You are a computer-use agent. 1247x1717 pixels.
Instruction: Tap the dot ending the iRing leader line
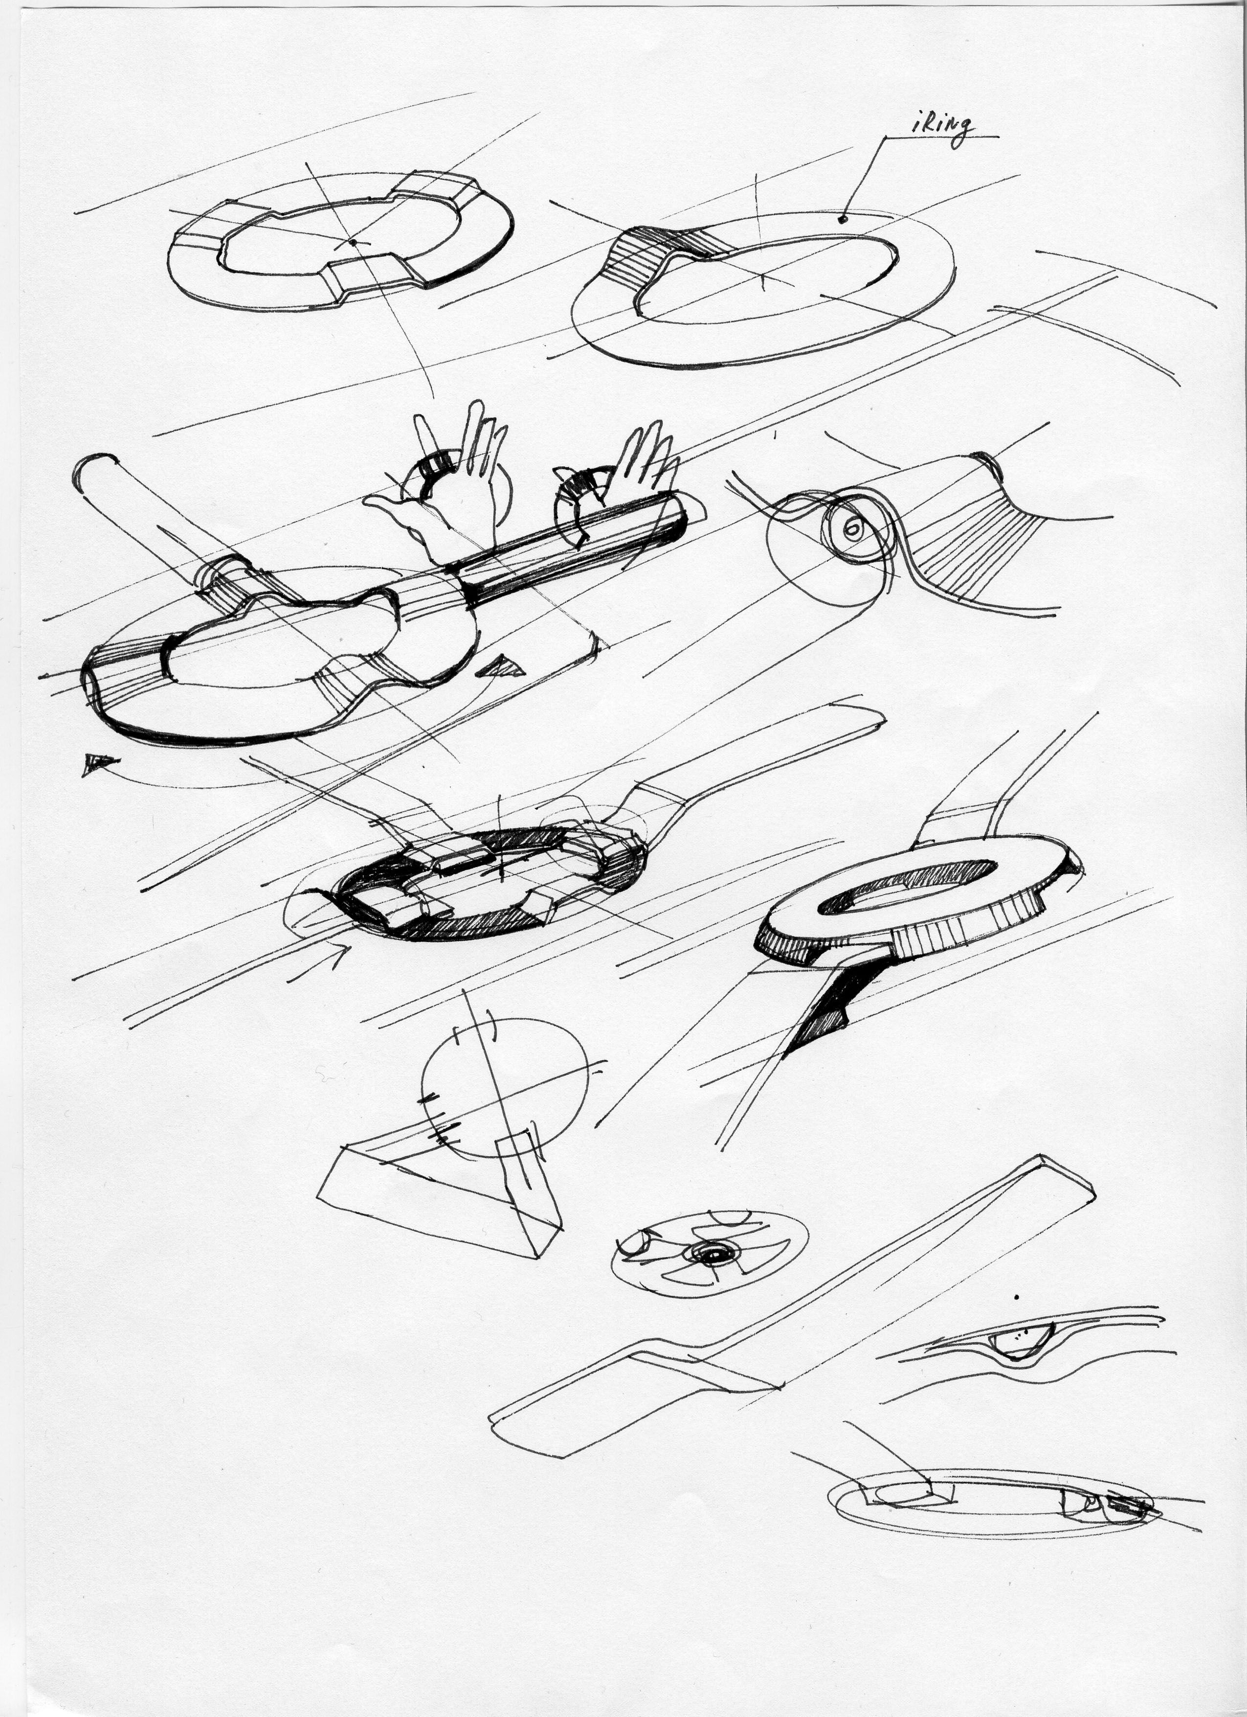(x=842, y=220)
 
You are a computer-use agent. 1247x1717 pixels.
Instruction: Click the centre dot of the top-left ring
(x=353, y=242)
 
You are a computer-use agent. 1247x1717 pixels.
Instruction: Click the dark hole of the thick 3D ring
(x=908, y=887)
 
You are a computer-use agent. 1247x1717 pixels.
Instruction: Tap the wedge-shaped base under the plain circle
(x=439, y=1204)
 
